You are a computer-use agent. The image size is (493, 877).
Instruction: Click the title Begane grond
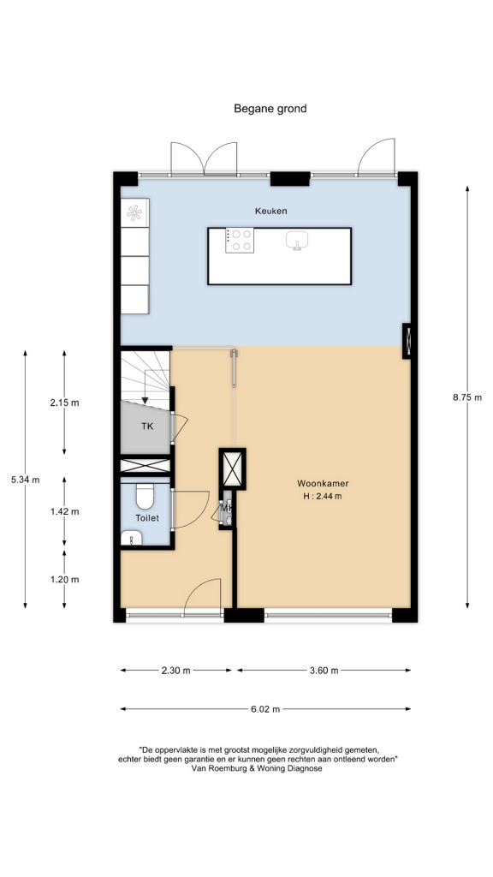pyautogui.click(x=270, y=109)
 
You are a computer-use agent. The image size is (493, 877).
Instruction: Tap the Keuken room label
pyautogui.click(x=270, y=211)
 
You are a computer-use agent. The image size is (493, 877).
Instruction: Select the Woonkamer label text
pyautogui.click(x=318, y=484)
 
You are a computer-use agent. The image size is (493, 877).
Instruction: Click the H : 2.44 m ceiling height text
pyautogui.click(x=319, y=496)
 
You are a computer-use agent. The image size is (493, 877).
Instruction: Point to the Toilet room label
pyautogui.click(x=146, y=518)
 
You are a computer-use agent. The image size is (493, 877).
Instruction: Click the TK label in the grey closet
pyautogui.click(x=146, y=427)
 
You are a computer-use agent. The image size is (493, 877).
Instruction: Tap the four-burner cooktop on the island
pyautogui.click(x=240, y=241)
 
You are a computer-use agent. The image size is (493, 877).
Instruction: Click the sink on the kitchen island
pyautogui.click(x=299, y=241)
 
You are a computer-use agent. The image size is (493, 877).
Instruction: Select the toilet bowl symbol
pyautogui.click(x=145, y=496)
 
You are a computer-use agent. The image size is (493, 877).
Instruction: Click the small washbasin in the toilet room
pyautogui.click(x=132, y=538)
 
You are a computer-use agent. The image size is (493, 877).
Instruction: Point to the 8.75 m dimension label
pyautogui.click(x=467, y=397)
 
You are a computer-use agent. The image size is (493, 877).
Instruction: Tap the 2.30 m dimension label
pyautogui.click(x=176, y=670)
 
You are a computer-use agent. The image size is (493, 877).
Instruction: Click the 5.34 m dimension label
pyautogui.click(x=25, y=480)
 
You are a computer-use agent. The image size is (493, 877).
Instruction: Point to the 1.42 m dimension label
pyautogui.click(x=64, y=511)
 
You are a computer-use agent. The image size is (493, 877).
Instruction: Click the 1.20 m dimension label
pyautogui.click(x=64, y=580)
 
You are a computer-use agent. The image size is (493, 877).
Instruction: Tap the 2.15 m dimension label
pyautogui.click(x=64, y=403)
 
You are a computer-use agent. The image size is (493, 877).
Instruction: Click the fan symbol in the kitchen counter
pyautogui.click(x=134, y=212)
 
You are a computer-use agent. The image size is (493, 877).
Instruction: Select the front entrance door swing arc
pyautogui.click(x=197, y=586)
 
